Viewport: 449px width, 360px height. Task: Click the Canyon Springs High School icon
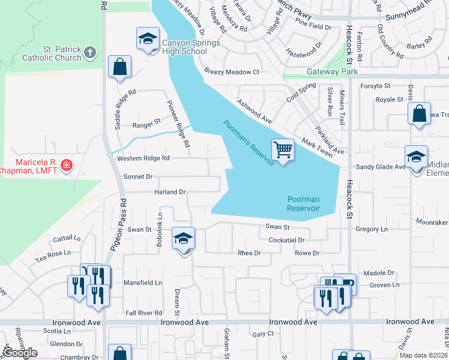coord(146,40)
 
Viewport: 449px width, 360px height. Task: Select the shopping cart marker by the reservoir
coord(282,149)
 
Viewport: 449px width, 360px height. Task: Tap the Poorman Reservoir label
coord(303,203)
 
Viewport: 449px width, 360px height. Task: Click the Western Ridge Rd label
coord(143,158)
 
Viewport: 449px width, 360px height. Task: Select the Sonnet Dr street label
coord(138,177)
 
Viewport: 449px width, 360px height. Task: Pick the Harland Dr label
coord(169,192)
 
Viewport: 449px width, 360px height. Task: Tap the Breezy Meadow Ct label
coord(231,72)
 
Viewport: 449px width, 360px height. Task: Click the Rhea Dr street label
coord(250,253)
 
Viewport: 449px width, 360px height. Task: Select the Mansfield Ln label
coord(143,283)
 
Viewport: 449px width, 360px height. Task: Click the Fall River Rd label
coord(144,313)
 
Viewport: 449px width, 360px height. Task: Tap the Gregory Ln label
coord(372,229)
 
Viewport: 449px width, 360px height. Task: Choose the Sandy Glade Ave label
coord(381,167)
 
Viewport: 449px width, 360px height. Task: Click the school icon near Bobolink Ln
coord(183,239)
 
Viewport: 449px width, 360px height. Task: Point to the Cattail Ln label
coord(67,239)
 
